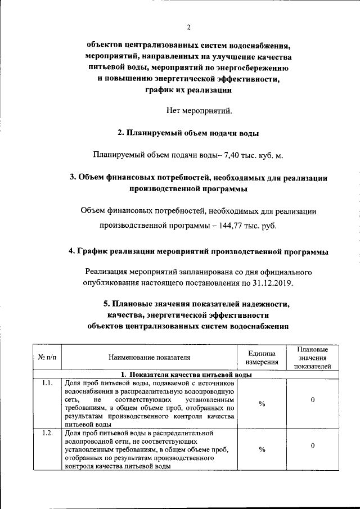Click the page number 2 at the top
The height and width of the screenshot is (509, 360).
(x=190, y=27)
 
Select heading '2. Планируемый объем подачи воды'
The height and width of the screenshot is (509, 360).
(x=188, y=133)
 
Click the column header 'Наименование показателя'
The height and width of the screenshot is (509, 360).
(x=150, y=357)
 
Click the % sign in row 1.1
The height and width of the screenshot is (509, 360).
(x=262, y=403)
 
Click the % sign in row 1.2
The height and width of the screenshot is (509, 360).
(x=262, y=449)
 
